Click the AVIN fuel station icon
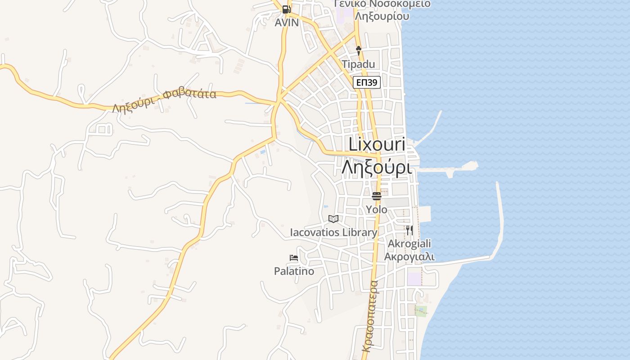click(x=286, y=9)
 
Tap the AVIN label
click(x=287, y=22)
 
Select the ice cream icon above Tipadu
click(x=359, y=50)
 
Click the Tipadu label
click(x=358, y=64)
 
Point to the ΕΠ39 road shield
click(x=367, y=82)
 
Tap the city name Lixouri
click(x=377, y=144)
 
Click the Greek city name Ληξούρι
click(x=377, y=167)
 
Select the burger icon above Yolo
click(x=377, y=196)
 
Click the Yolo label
click(x=377, y=209)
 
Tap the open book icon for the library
click(x=333, y=219)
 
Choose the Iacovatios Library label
click(x=333, y=233)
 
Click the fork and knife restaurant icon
click(x=409, y=230)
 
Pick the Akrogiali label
click(x=409, y=243)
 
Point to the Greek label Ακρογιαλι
click(x=409, y=256)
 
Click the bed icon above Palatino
click(x=294, y=258)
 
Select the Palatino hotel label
click(x=294, y=271)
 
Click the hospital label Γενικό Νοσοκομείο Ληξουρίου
click(x=382, y=10)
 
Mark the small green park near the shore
click(x=421, y=311)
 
